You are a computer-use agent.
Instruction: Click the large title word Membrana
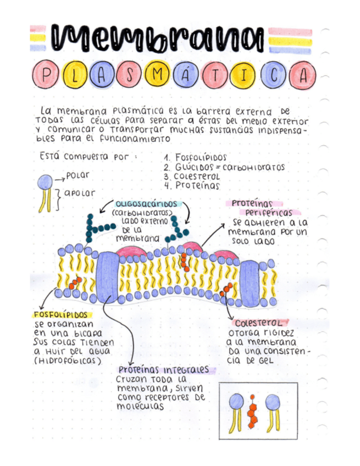coord(158,38)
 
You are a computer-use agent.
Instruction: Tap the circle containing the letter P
coord(45,75)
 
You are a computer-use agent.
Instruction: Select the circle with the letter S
coord(130,75)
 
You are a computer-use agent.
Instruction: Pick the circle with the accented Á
coord(186,75)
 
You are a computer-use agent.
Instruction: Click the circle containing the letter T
coord(214,75)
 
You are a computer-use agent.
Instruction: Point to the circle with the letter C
coord(274,75)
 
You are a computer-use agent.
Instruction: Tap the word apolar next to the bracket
coord(79,193)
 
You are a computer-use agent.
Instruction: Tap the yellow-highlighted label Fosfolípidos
coord(61,315)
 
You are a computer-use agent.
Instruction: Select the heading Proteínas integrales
coord(163,370)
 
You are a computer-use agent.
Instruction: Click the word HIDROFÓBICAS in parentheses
coord(68,361)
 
